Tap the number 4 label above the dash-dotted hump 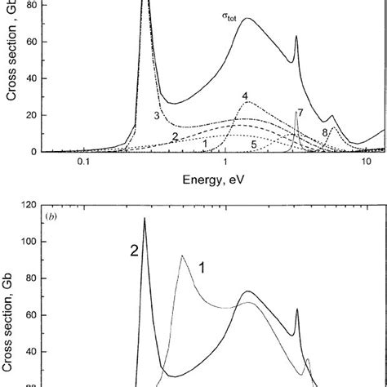pyautogui.click(x=245, y=96)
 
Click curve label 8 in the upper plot pyautogui.click(x=325, y=131)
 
